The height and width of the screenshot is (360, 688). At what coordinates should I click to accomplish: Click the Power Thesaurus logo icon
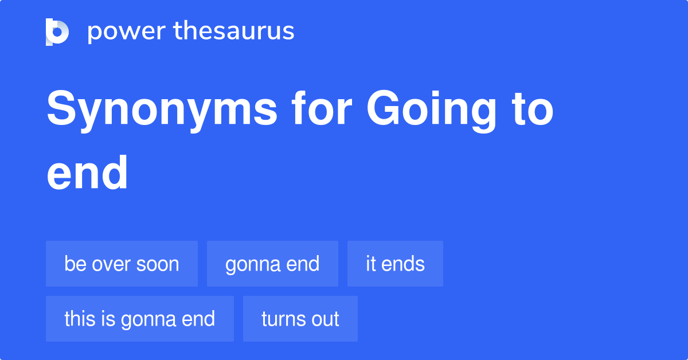pyautogui.click(x=57, y=32)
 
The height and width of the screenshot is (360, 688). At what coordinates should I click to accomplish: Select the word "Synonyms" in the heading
pyautogui.click(x=162, y=110)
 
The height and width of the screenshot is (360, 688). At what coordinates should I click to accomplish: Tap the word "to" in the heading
pyautogui.click(x=533, y=110)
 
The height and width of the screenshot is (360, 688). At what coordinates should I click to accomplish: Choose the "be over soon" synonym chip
pyautogui.click(x=122, y=264)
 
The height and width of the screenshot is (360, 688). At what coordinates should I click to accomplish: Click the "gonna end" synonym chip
pyautogui.click(x=272, y=264)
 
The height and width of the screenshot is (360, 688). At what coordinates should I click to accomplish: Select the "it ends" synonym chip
pyautogui.click(x=395, y=264)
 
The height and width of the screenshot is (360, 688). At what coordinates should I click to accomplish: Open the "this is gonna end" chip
pyautogui.click(x=139, y=319)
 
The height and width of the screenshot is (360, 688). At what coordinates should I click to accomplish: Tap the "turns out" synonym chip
pyautogui.click(x=300, y=319)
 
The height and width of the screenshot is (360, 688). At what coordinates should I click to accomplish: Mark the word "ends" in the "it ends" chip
pyautogui.click(x=404, y=264)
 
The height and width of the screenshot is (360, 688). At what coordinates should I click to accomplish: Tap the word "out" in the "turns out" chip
pyautogui.click(x=326, y=319)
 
